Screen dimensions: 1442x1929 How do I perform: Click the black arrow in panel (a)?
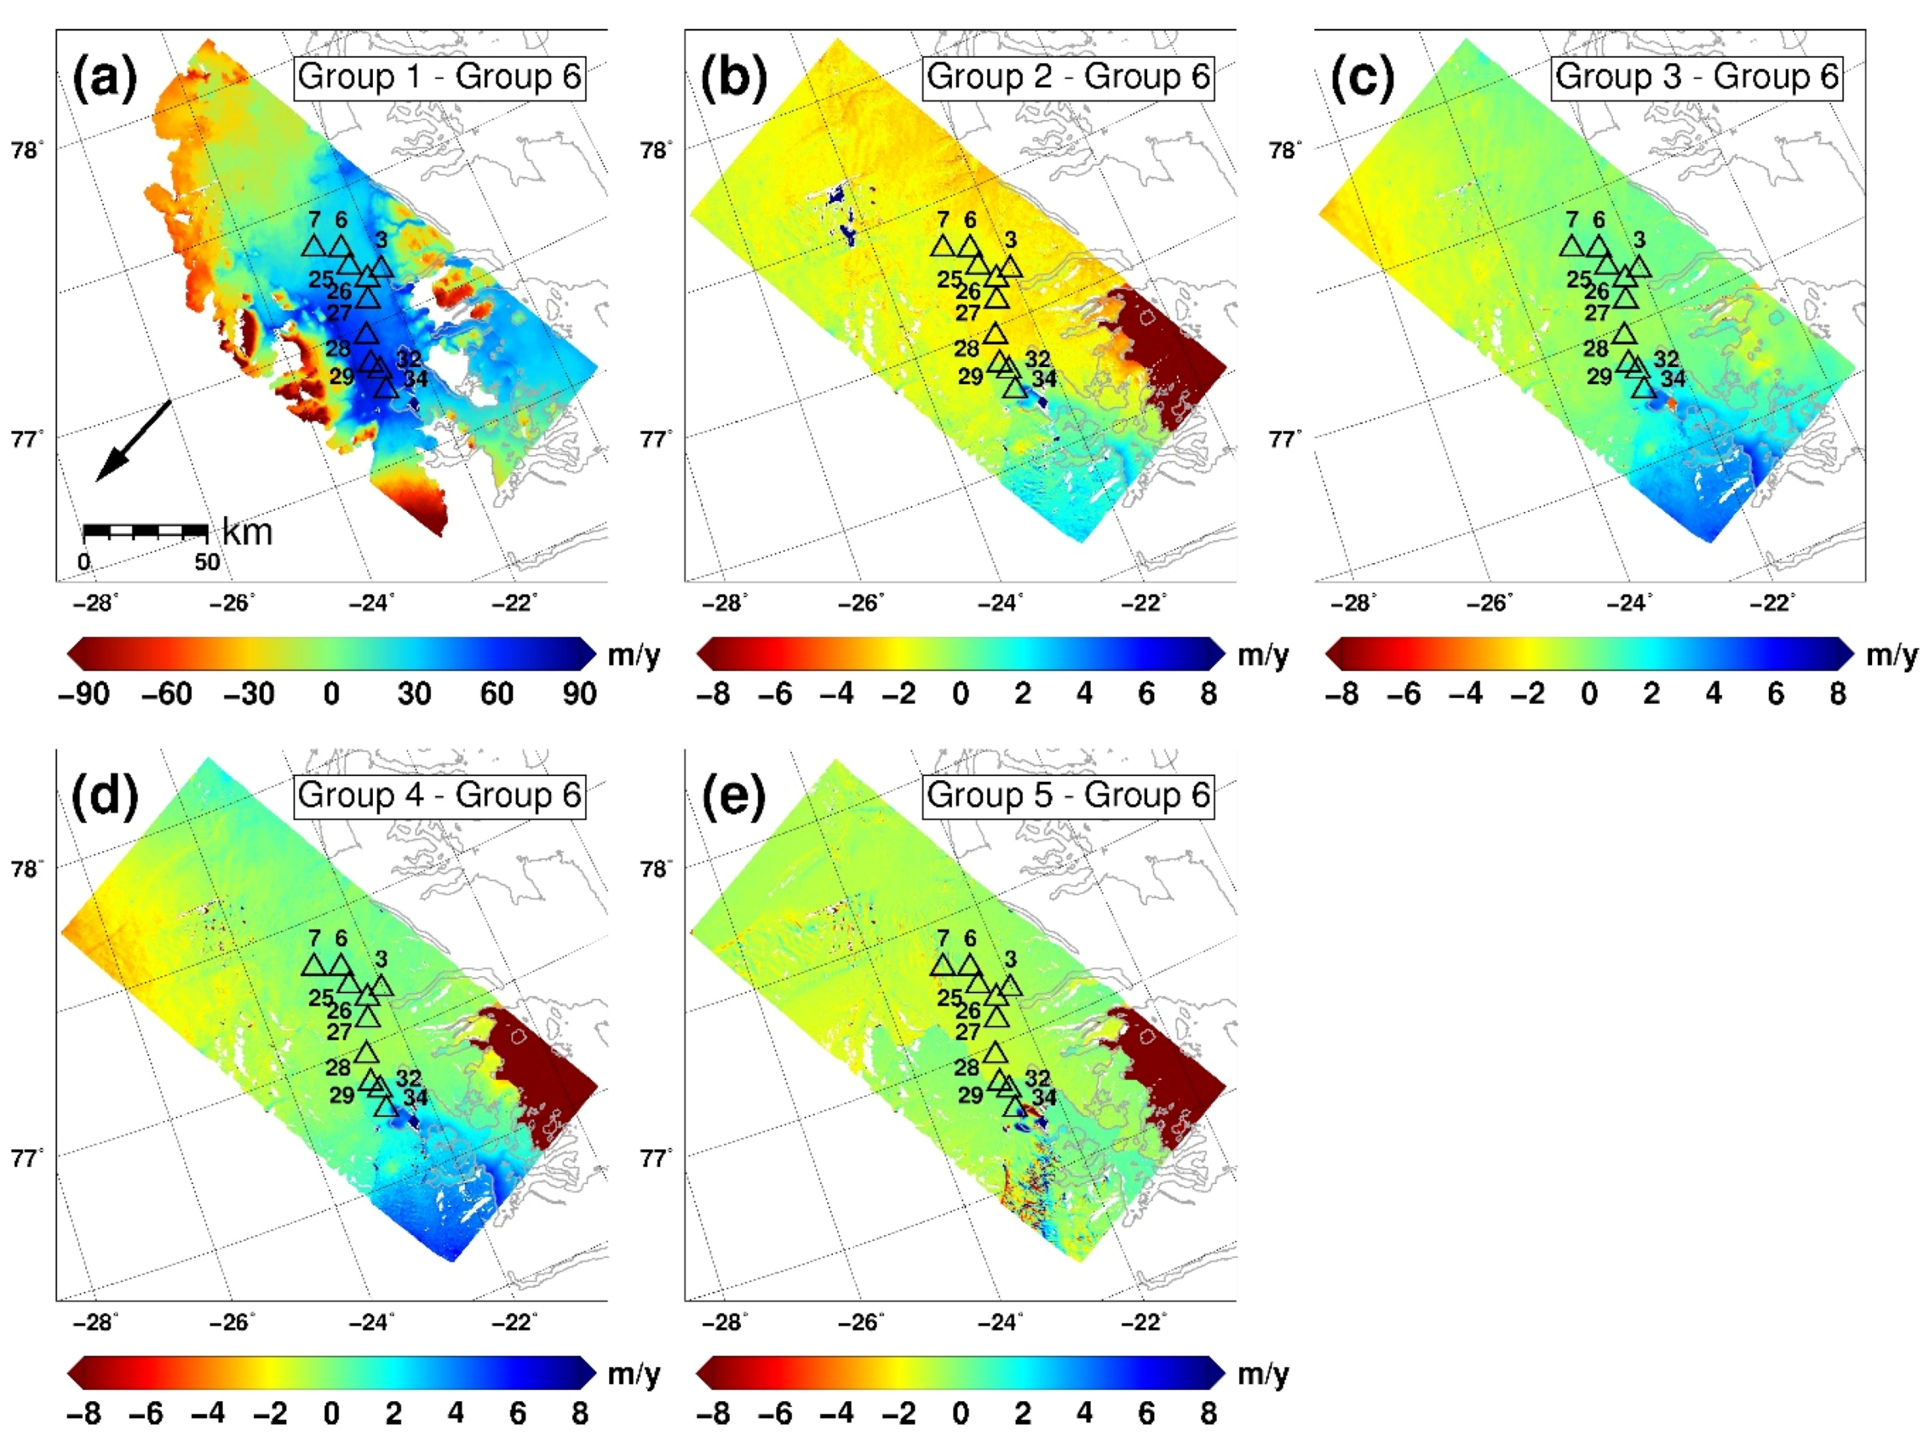[x=133, y=441]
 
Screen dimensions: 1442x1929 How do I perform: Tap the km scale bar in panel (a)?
[x=145, y=531]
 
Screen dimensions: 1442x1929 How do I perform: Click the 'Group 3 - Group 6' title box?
[x=1697, y=77]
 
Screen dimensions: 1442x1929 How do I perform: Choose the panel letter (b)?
[x=733, y=79]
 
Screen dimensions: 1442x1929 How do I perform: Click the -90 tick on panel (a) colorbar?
[x=84, y=694]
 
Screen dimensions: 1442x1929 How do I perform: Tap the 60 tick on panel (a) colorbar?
[x=496, y=694]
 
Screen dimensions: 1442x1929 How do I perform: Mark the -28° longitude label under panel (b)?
[x=724, y=603]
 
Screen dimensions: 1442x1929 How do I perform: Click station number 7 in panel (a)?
[x=314, y=220]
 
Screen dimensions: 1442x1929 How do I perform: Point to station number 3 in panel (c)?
[x=1639, y=240]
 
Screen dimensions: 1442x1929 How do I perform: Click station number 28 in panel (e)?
[x=966, y=1067]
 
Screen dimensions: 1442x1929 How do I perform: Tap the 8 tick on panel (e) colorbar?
[x=1208, y=1413]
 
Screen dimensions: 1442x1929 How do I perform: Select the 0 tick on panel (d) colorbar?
[x=331, y=1413]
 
